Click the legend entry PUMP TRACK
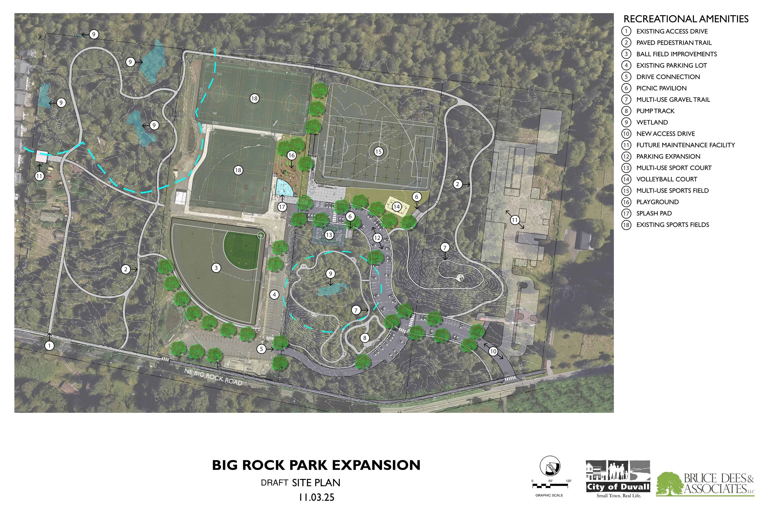(655, 111)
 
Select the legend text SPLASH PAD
(654, 213)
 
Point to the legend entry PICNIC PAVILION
(661, 88)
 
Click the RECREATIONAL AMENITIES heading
(686, 19)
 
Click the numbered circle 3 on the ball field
(216, 268)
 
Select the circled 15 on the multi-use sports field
(378, 152)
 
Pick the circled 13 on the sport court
(329, 235)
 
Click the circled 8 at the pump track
(365, 338)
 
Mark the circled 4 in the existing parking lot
(274, 295)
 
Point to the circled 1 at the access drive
(49, 345)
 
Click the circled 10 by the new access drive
(493, 351)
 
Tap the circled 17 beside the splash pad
(282, 207)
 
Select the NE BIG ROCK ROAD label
(213, 377)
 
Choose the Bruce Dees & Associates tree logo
(669, 484)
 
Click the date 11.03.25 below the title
(316, 497)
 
